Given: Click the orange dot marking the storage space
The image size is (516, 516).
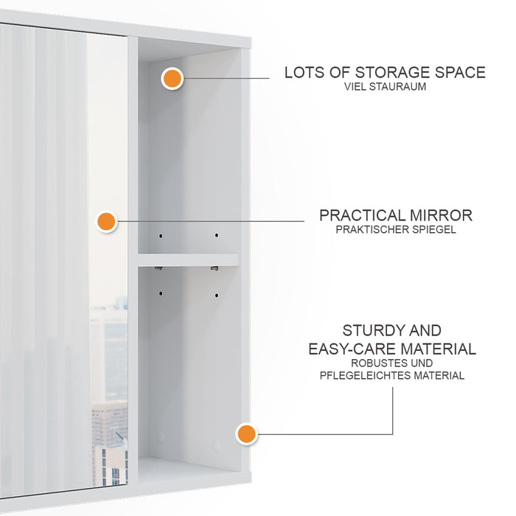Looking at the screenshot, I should (x=172, y=78).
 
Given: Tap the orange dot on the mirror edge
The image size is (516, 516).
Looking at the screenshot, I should (x=107, y=221).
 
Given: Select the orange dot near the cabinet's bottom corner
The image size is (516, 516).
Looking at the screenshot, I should (x=247, y=434).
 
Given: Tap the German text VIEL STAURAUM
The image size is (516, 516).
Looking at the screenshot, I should (x=385, y=87).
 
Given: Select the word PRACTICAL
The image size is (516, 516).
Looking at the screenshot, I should (x=362, y=215).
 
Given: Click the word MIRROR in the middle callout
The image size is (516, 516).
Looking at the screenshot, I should (x=442, y=215).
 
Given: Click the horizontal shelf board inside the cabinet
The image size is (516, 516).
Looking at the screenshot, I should (x=189, y=260).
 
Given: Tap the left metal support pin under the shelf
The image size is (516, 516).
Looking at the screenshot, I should (x=158, y=269).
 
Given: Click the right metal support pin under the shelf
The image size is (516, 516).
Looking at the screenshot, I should (x=215, y=269).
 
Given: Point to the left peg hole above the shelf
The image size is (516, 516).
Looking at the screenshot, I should (x=160, y=235).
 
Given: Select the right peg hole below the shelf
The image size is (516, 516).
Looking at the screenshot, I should (x=217, y=295).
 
